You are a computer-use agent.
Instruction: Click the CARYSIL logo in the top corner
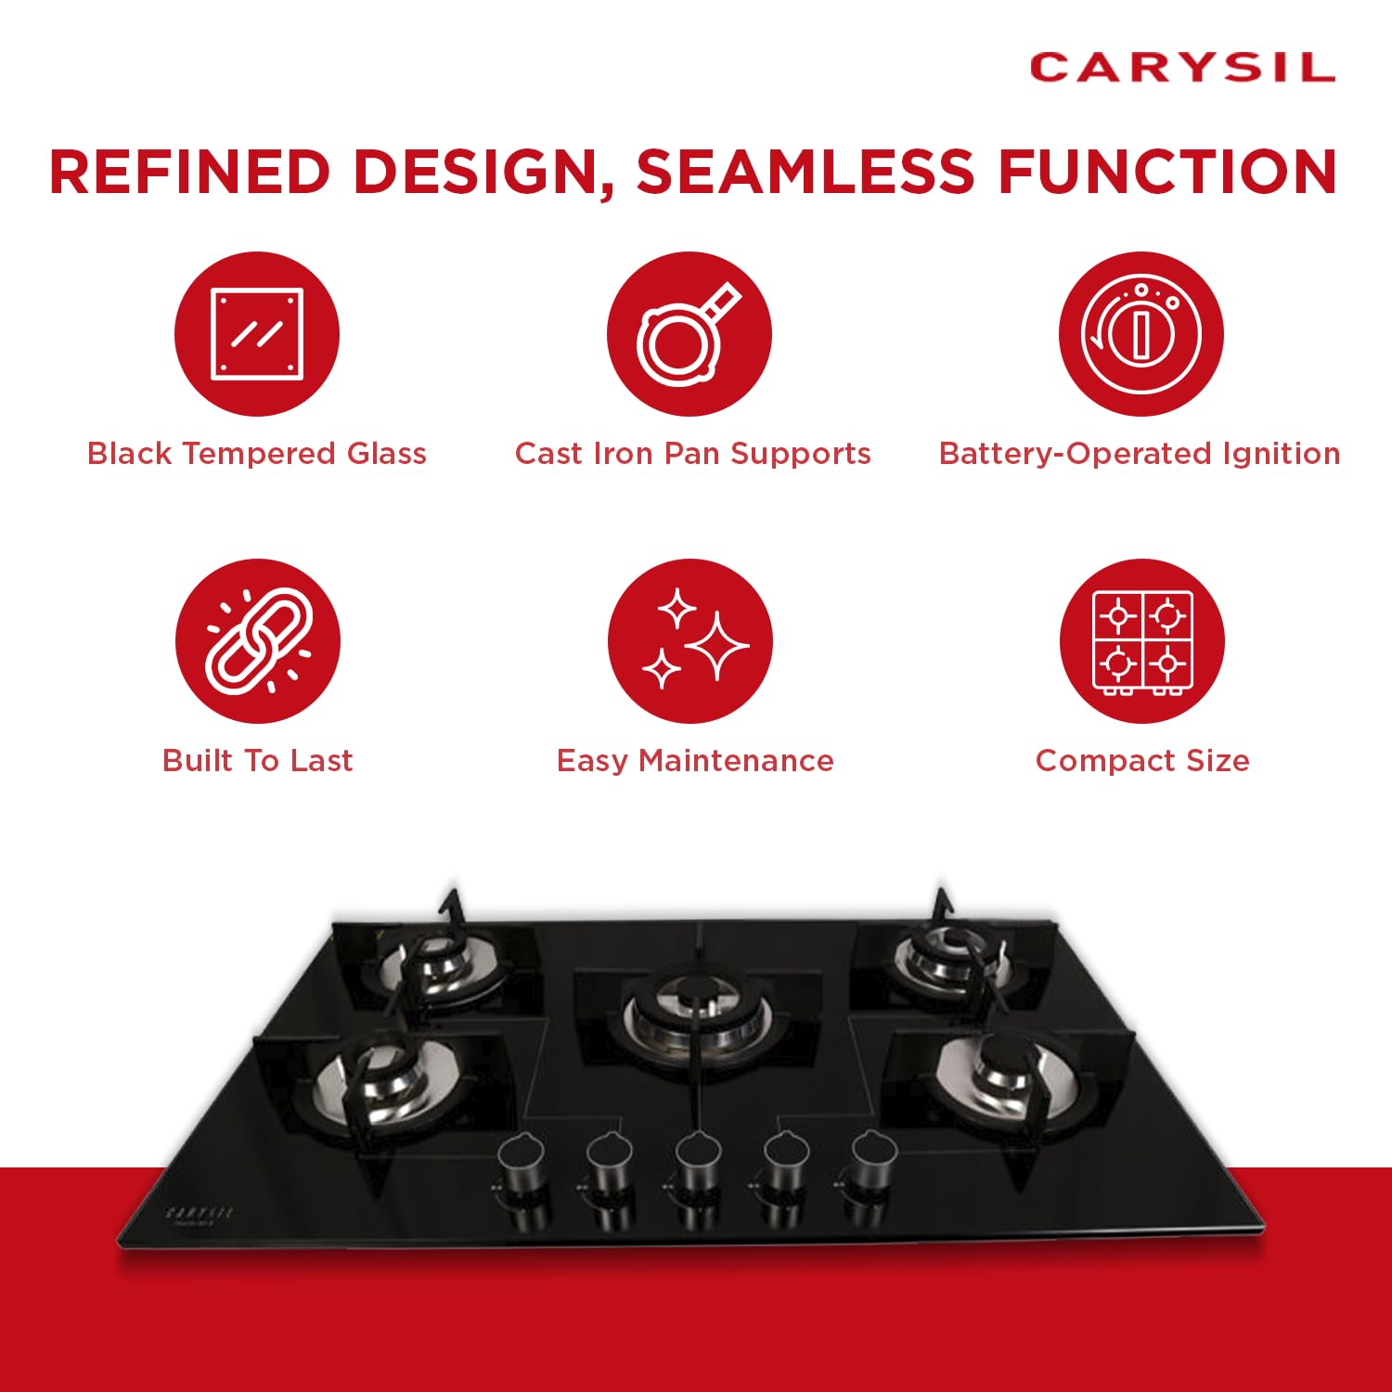point(1182,68)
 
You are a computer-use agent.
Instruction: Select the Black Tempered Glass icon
point(257,334)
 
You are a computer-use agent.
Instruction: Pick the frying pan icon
point(690,334)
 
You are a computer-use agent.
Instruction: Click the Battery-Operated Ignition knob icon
point(1141,334)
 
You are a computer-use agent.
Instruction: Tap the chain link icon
point(258,641)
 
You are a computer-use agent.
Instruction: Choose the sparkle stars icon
point(690,641)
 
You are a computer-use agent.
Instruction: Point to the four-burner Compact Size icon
point(1142,641)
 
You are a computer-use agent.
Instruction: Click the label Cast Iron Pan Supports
point(693,453)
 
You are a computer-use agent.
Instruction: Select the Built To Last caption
point(258,761)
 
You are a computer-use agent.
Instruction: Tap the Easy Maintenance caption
point(695,761)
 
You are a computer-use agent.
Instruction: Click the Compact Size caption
point(1142,761)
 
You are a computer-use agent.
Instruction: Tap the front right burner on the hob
point(1009,1076)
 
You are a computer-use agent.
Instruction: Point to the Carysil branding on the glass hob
point(200,1213)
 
